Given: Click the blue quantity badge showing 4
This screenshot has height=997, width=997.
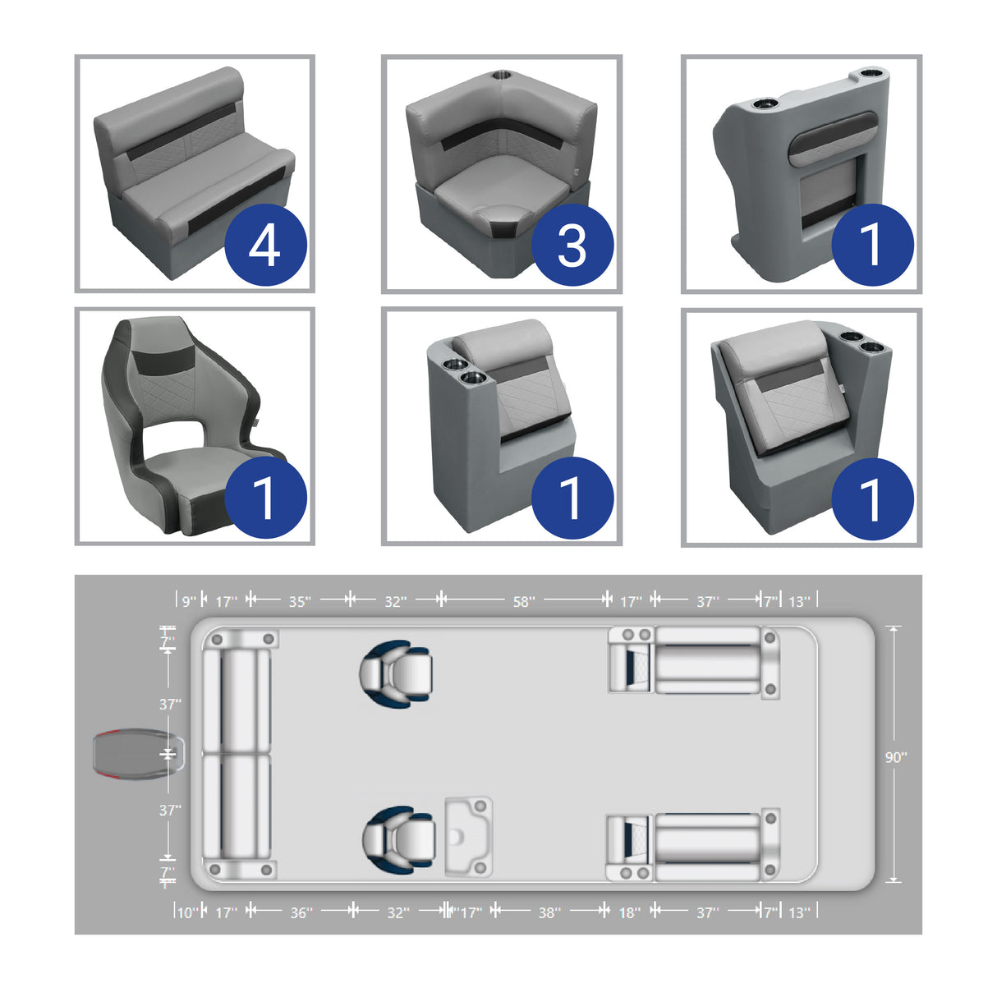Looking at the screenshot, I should [265, 245].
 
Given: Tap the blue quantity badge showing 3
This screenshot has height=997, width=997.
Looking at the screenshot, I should [572, 245].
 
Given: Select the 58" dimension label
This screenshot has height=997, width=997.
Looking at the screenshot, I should [524, 602].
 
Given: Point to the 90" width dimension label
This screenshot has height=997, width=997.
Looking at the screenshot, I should [895, 757].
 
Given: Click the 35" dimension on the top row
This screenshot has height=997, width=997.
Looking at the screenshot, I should [299, 602].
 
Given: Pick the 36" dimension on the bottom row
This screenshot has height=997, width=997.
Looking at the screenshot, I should [301, 912].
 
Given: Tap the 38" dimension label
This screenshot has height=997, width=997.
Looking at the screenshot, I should [549, 912].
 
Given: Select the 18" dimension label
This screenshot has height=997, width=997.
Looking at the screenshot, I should [629, 912].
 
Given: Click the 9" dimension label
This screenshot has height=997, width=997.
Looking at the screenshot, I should [189, 602].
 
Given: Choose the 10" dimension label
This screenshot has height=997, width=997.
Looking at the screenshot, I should [187, 912].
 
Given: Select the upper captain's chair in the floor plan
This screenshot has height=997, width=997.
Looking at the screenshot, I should [397, 674].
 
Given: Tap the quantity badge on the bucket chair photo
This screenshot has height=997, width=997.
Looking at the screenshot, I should [265, 498].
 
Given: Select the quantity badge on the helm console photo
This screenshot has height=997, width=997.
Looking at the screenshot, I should [872, 245].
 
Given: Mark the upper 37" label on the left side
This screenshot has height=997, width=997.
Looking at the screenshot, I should [170, 705].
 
